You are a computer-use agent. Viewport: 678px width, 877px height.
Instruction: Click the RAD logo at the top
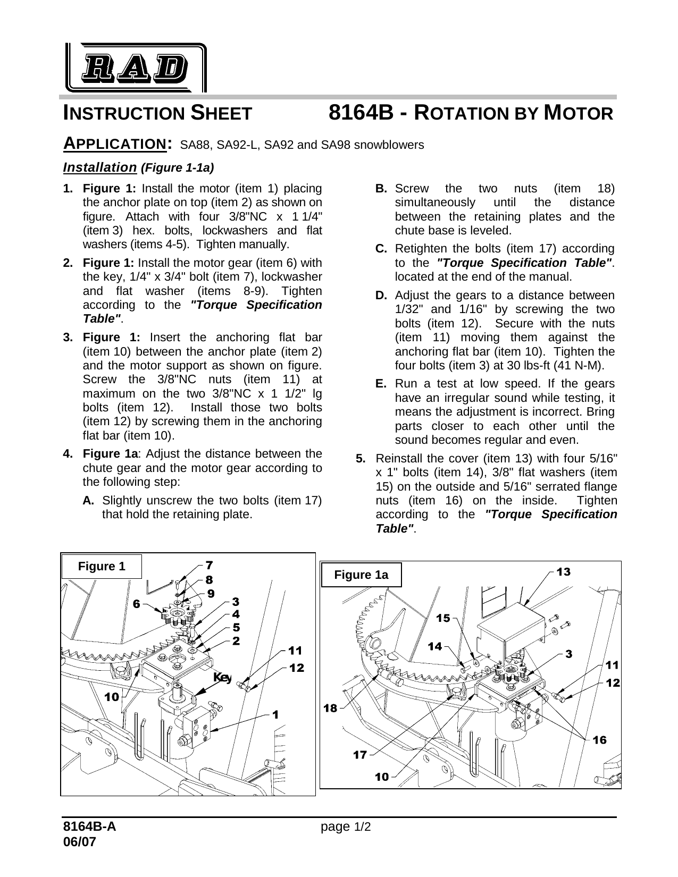coord(136,68)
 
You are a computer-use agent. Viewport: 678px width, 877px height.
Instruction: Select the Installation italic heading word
coord(100,167)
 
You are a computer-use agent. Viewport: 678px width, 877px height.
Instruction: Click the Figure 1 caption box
coord(102,567)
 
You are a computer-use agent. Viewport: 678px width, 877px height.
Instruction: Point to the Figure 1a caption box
coord(361,575)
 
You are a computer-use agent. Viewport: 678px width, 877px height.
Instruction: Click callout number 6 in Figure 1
coord(137,604)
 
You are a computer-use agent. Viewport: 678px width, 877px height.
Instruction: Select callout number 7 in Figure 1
coord(210,564)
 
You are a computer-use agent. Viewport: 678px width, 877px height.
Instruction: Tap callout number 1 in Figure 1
coord(275,715)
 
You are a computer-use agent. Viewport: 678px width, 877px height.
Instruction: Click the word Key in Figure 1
coord(222,677)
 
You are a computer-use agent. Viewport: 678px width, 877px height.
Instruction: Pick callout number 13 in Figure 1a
coord(563,572)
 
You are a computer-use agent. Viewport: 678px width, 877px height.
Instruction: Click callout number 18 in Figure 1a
coord(331,708)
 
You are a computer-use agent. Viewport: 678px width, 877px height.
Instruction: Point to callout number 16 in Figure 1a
coord(599,740)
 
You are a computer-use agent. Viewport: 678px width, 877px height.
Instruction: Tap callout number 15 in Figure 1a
coord(443,618)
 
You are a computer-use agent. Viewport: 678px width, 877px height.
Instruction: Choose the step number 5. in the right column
coord(361,458)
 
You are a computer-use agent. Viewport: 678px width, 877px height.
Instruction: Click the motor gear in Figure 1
coord(175,615)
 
